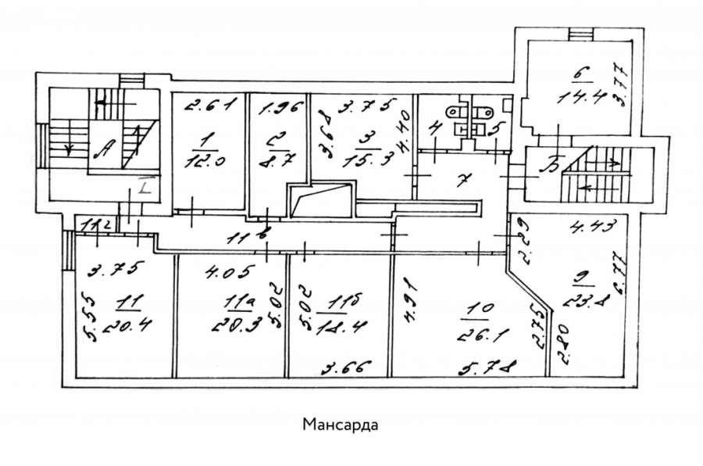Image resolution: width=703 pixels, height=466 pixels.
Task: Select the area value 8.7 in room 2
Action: [276, 156]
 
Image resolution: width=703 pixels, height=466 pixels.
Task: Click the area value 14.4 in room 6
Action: [577, 99]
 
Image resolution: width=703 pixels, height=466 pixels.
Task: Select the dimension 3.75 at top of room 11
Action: [115, 271]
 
